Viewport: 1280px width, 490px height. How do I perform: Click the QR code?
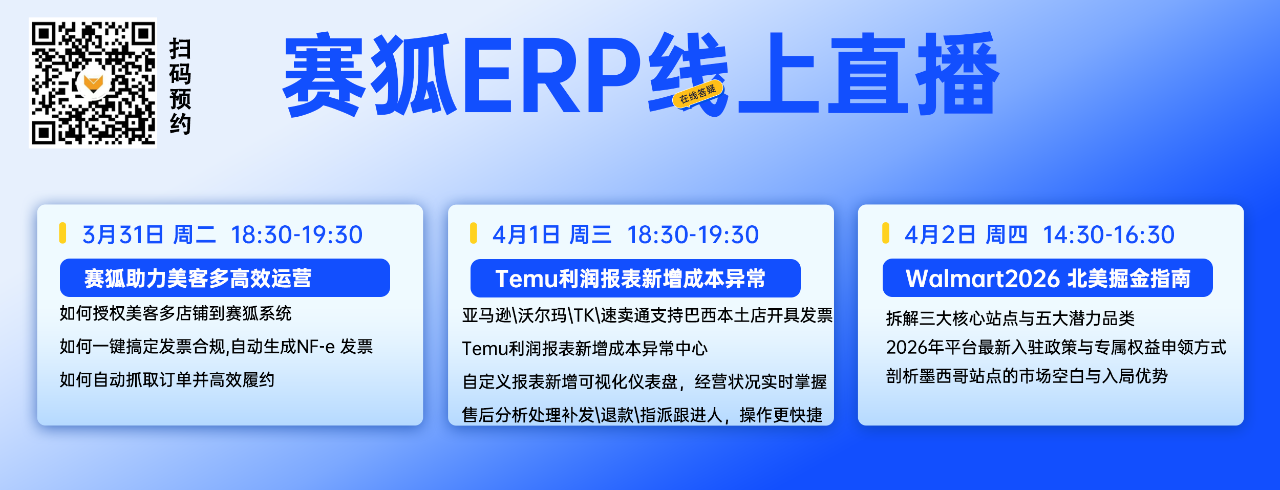click(93, 82)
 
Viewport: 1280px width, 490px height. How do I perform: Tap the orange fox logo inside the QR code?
click(93, 82)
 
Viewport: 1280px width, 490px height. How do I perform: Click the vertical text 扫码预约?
click(180, 86)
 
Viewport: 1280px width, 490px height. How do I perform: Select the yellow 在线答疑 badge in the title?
click(697, 94)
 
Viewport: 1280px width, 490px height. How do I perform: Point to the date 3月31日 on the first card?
click(123, 235)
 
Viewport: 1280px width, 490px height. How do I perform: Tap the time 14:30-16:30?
click(1108, 235)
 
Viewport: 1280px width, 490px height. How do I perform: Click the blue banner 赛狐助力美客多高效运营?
click(225, 278)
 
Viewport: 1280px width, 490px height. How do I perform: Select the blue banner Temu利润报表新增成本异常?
click(635, 278)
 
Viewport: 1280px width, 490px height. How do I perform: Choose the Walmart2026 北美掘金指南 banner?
click(1048, 278)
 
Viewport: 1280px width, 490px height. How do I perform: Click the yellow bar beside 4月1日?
click(474, 233)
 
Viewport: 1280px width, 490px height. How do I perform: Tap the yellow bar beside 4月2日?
click(886, 233)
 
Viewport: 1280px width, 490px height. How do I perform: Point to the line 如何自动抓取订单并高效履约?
click(167, 379)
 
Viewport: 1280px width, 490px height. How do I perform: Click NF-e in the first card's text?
click(316, 347)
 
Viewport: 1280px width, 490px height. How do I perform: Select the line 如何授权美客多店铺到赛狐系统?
click(175, 313)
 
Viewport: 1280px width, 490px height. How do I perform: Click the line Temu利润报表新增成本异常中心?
click(585, 348)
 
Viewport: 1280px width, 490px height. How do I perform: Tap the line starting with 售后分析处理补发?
click(642, 415)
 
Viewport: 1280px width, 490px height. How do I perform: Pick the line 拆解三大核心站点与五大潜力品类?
click(1010, 318)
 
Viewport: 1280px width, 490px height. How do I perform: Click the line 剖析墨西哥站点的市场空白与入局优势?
click(1027, 376)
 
